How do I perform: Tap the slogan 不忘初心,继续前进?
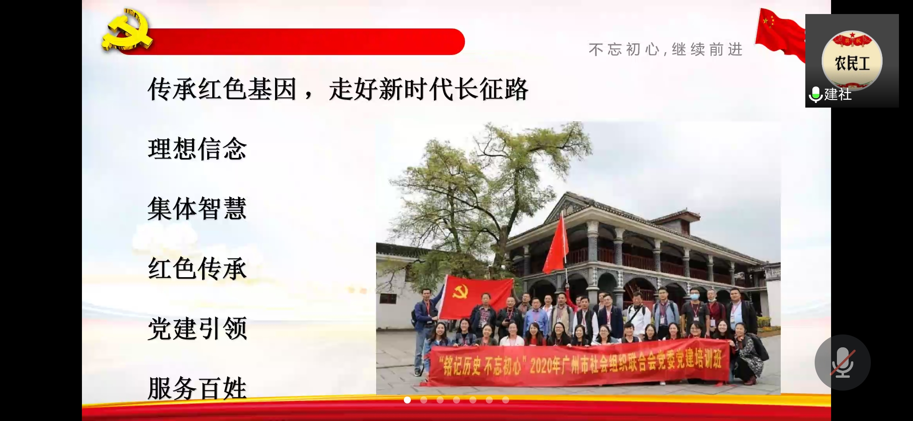[666, 50]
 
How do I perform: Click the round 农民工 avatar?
[852, 60]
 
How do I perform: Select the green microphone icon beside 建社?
[815, 94]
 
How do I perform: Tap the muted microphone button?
[842, 362]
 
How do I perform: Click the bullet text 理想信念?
[197, 149]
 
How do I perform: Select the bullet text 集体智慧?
[197, 209]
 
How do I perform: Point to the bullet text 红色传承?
[197, 268]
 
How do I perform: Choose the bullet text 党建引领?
[197, 328]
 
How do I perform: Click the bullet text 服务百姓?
[197, 388]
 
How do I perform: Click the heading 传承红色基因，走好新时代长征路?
[338, 89]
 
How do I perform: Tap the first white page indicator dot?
[407, 400]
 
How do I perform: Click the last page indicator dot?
[506, 400]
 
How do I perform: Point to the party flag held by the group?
[476, 296]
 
